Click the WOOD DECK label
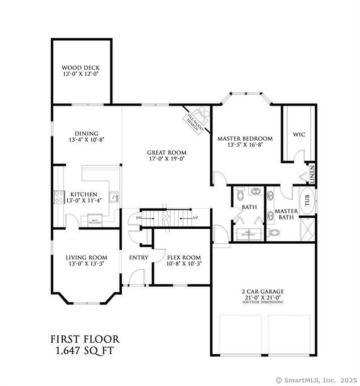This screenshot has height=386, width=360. click(80, 67)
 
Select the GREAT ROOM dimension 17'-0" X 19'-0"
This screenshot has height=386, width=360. click(166, 159)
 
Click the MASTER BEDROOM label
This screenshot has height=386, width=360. click(245, 138)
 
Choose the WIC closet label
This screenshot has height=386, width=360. click(299, 135)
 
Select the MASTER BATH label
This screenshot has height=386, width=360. click(286, 214)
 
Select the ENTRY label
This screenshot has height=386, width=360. click(138, 257)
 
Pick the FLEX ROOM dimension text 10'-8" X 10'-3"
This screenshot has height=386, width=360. click(184, 263)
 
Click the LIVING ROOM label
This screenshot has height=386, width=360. click(86, 257)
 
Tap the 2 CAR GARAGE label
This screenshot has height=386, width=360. click(263, 291)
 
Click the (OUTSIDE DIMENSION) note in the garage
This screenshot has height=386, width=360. click(263, 302)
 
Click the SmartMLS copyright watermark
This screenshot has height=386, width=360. click(316, 380)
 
